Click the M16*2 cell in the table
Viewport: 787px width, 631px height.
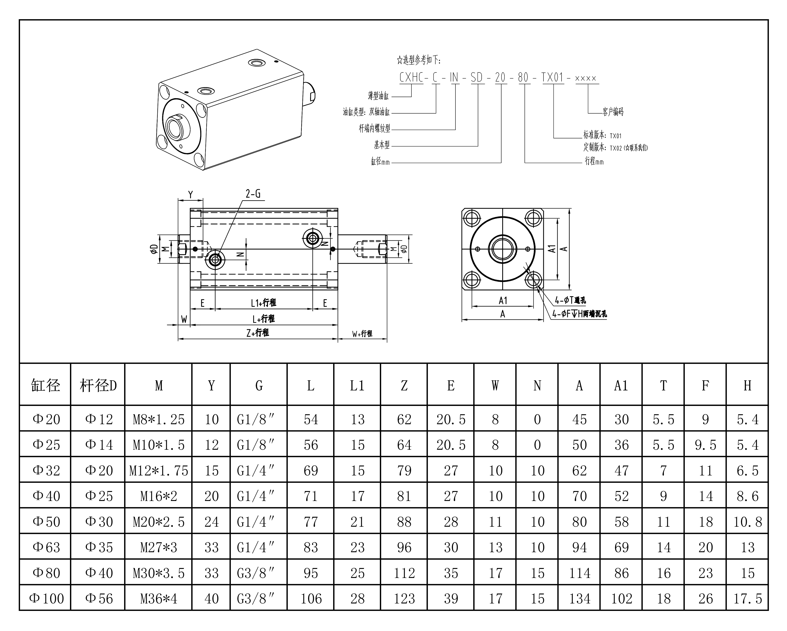pyautogui.click(x=158, y=496)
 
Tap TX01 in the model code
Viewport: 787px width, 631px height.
pyautogui.click(x=553, y=77)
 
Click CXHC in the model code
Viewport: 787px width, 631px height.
pyautogui.click(x=411, y=77)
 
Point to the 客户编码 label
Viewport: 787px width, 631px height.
pyautogui.click(x=613, y=112)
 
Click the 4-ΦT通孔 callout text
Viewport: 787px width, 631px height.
pyautogui.click(x=570, y=300)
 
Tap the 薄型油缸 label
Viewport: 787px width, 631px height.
pyautogui.click(x=378, y=96)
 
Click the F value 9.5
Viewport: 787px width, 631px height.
pyautogui.click(x=705, y=445)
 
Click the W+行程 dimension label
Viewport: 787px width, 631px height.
pyautogui.click(x=362, y=334)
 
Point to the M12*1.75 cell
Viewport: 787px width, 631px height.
pyautogui.click(x=158, y=470)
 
